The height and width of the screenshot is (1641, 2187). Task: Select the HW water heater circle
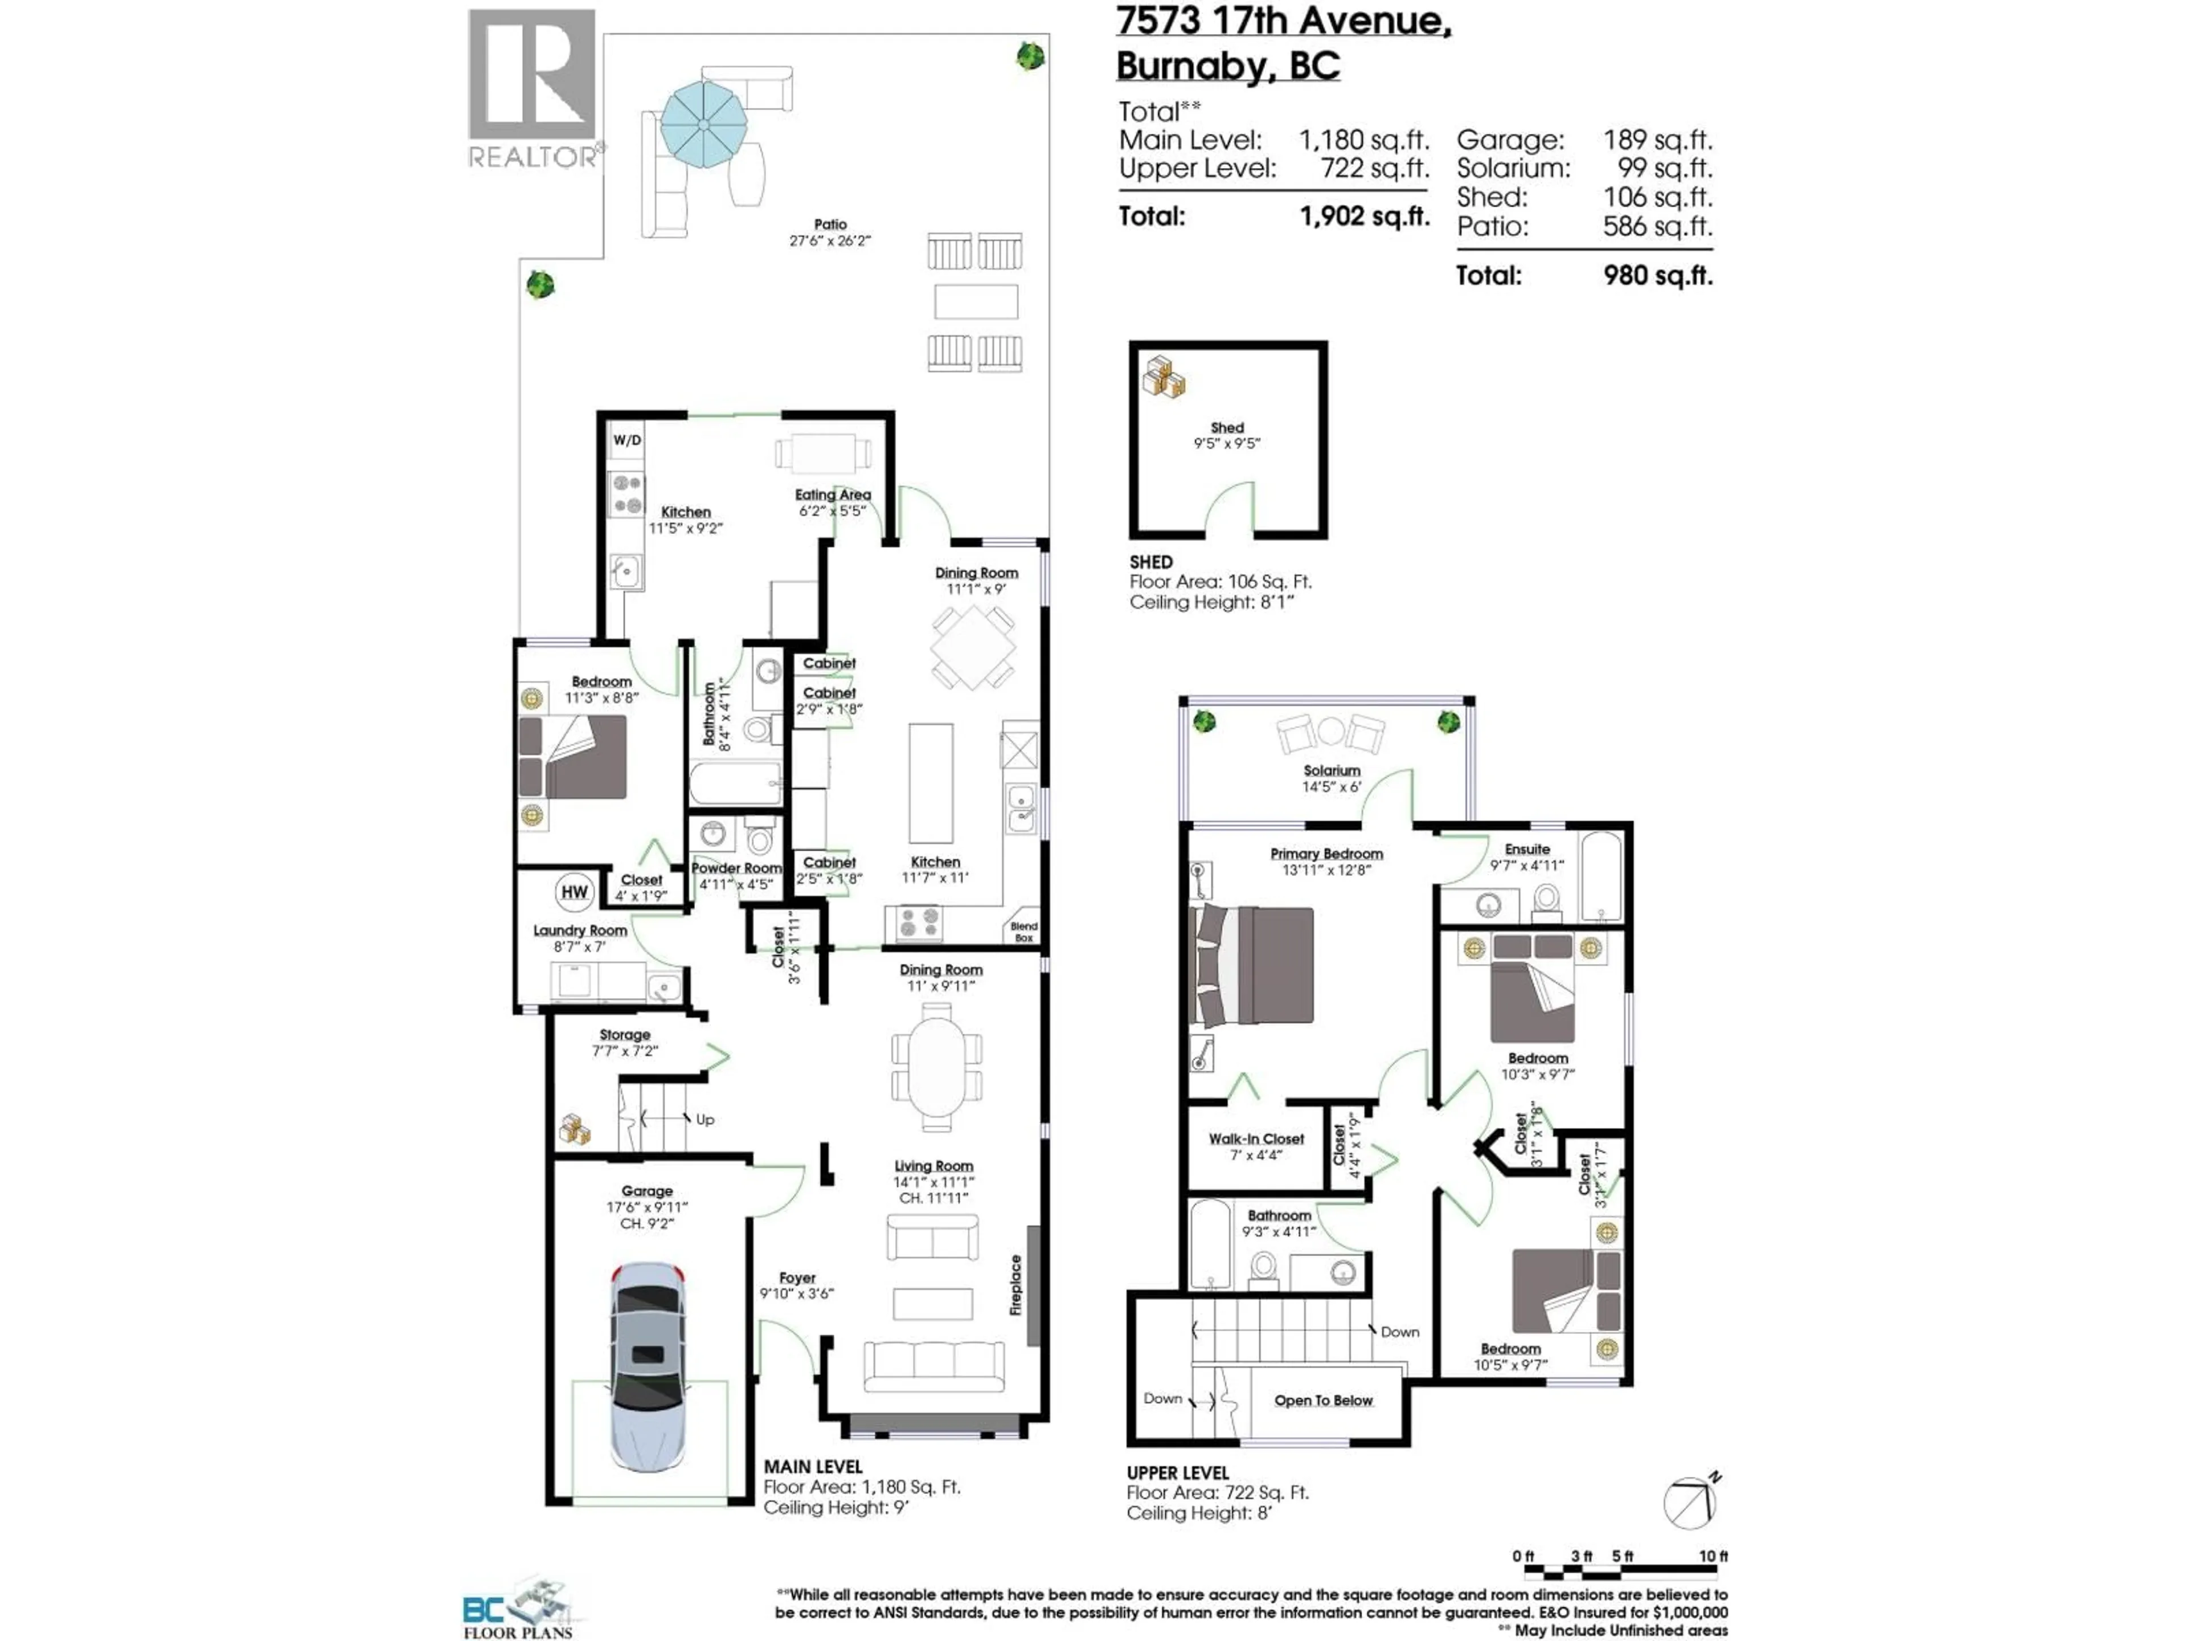(575, 891)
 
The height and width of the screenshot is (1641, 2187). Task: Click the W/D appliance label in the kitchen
(627, 440)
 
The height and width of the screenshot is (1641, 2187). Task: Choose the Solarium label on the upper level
(1332, 770)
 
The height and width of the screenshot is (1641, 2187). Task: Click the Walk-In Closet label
(1256, 1138)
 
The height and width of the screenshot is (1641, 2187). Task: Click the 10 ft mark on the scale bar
(1713, 1556)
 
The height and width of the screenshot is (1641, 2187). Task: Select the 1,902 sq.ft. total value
(1365, 217)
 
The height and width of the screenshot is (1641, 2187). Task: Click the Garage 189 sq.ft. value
(1658, 141)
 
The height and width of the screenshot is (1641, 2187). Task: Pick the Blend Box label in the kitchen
(1024, 932)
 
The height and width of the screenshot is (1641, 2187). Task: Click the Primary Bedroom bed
(1254, 965)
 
